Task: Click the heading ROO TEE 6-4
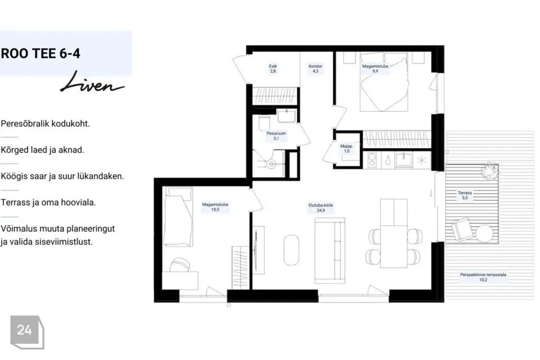coord(40,53)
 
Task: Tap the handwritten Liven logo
coord(92,82)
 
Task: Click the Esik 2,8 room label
coord(273,69)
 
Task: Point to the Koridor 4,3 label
coord(316,69)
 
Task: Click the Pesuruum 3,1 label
coord(276,136)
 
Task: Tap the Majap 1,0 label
coord(346,148)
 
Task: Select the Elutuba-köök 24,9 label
coord(321,208)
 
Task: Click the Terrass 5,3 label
coord(465,195)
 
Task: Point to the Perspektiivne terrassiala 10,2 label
coord(483,277)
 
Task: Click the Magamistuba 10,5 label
coord(215,207)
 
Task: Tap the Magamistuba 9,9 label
coord(375,69)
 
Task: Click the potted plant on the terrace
coord(490,170)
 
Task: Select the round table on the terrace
coord(484,233)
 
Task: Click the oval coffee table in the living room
coord(291,250)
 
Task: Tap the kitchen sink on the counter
coord(404,160)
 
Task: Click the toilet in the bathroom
coord(264,123)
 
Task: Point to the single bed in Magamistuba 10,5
coord(178,217)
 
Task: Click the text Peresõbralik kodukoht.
coord(45,124)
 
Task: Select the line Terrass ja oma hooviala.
coord(48,202)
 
